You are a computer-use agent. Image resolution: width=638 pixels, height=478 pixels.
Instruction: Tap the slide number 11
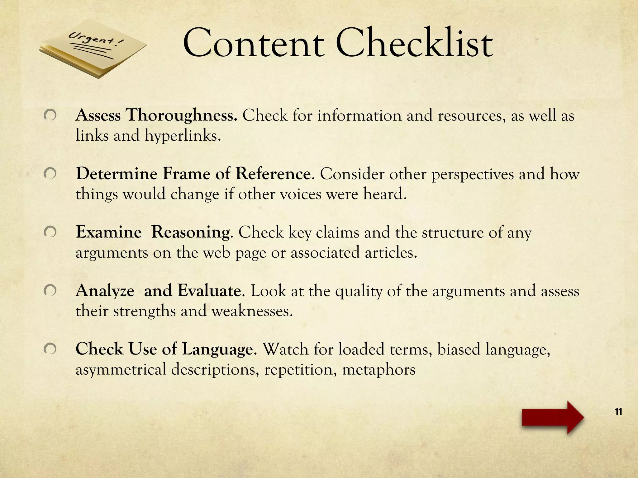coord(618,412)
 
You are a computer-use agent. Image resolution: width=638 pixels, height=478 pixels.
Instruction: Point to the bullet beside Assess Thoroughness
coord(50,115)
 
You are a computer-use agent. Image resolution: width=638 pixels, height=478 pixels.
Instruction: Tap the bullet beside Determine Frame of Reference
coord(50,174)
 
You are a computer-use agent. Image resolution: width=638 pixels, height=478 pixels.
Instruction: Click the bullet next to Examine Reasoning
coord(50,232)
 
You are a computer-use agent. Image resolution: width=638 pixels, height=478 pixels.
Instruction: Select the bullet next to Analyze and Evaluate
coord(50,291)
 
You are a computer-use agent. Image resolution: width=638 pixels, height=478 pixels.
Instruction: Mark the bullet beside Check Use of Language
coord(50,349)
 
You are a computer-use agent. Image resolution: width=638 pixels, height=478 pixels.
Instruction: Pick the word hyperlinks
coord(183,136)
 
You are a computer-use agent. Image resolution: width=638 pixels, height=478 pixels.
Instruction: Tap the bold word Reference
coord(273,174)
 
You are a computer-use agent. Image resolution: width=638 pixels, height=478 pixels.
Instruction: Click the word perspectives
coord(472,174)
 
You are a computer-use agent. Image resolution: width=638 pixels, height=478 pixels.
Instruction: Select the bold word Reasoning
coord(191,232)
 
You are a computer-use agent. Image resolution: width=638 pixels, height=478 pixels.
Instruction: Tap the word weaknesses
coord(252,311)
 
